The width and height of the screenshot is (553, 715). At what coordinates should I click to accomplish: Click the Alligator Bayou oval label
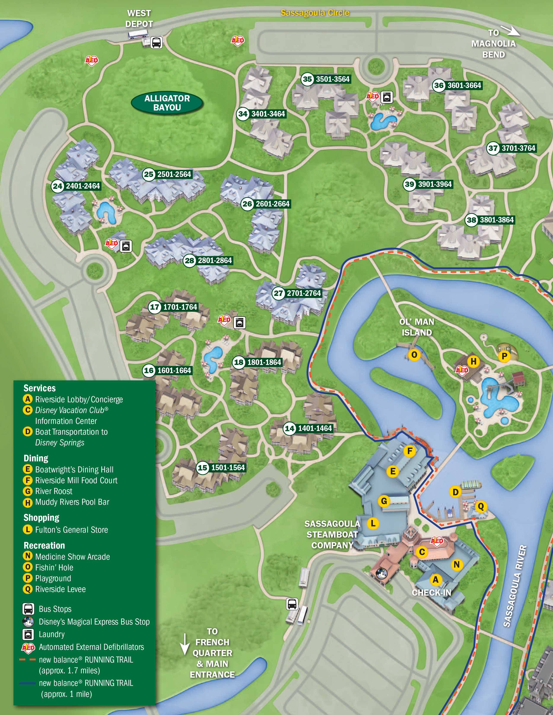[167, 103]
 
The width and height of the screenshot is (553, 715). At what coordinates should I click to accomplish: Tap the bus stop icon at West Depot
[156, 43]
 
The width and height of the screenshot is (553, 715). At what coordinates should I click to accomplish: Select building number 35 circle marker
[307, 79]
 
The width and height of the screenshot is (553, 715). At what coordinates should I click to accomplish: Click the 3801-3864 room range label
[496, 220]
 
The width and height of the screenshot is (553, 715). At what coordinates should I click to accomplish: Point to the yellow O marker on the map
[414, 355]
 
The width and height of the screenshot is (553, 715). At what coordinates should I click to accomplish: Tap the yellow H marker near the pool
[473, 361]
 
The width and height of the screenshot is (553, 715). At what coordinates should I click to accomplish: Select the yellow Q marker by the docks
[481, 507]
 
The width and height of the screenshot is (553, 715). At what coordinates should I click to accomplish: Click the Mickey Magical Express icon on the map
[381, 573]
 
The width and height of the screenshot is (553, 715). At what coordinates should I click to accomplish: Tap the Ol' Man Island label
[417, 327]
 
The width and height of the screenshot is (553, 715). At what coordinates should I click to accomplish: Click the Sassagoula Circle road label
[315, 13]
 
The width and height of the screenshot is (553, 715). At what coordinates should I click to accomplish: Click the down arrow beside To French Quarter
[185, 644]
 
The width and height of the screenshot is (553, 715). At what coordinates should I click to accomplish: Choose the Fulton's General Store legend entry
[72, 530]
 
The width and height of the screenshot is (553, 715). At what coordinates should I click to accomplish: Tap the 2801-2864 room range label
[215, 260]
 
